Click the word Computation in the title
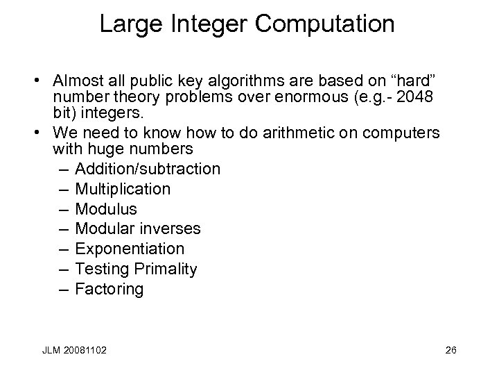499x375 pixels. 325,24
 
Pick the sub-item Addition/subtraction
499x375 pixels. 148,169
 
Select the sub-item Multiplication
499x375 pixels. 122,189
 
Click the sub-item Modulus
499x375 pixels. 105,209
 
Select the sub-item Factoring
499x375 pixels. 109,289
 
